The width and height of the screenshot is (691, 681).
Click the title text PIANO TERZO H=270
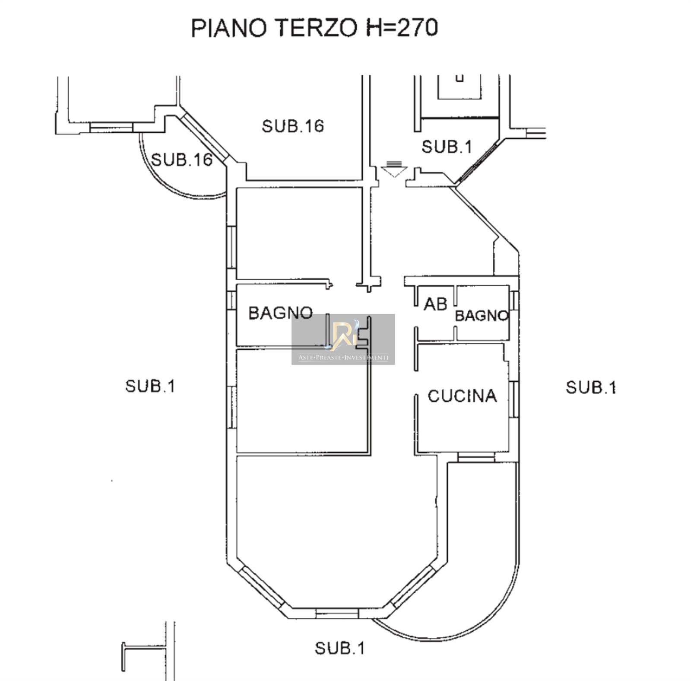point(314,28)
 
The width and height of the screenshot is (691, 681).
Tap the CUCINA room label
point(462,396)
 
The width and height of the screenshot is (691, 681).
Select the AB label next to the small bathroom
point(435,304)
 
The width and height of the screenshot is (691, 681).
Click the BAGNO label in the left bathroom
point(281,313)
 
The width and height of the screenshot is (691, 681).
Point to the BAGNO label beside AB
point(482,316)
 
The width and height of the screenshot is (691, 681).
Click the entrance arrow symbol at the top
point(393,169)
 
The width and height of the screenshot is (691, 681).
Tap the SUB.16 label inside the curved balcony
point(182,160)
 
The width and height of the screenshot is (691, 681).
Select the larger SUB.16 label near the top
point(293,126)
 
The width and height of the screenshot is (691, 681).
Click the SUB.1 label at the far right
point(591,387)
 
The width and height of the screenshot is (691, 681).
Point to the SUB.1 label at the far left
point(150,386)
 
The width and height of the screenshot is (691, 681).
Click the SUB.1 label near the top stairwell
point(447,147)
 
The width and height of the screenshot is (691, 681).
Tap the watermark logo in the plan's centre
point(343,339)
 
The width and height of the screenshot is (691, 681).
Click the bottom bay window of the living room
point(337,613)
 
